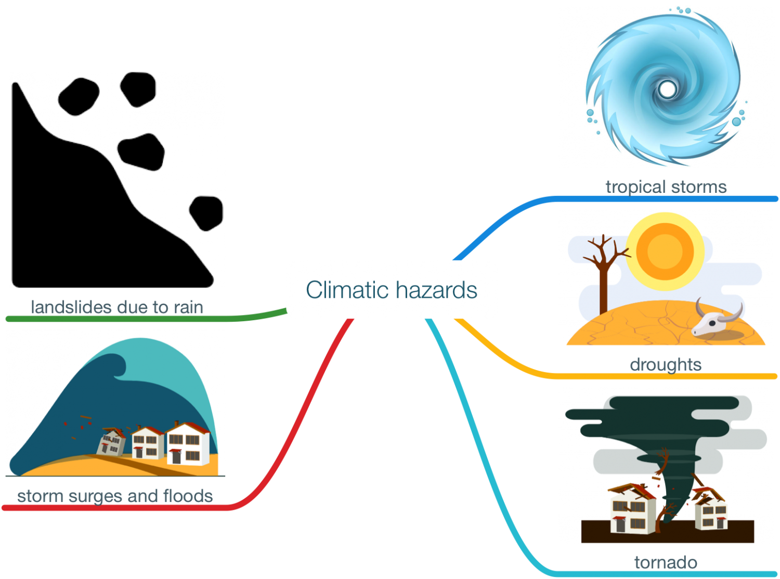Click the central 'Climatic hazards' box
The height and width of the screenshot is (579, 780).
(392, 289)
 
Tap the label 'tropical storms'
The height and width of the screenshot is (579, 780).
(666, 187)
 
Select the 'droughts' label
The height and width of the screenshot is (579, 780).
(666, 364)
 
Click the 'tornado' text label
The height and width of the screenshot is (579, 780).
(666, 562)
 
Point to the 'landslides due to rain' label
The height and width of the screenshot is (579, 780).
(117, 307)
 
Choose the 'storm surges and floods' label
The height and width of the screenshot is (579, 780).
(115, 496)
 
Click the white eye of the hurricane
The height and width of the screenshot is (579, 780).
(667, 89)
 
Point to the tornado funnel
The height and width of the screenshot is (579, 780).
(676, 468)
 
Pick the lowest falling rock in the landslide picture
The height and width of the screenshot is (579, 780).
(206, 213)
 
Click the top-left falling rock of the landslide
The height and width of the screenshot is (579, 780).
(79, 97)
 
